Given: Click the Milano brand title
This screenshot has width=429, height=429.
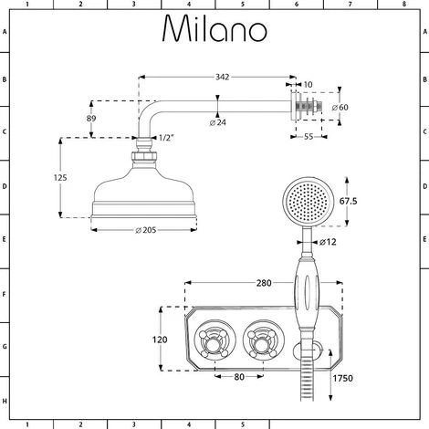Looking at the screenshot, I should (214, 31).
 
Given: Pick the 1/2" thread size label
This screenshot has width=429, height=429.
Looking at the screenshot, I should (165, 138).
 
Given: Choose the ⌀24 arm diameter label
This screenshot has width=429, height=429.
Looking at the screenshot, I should (217, 121).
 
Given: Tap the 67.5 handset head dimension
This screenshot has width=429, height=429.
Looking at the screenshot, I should (349, 200).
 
